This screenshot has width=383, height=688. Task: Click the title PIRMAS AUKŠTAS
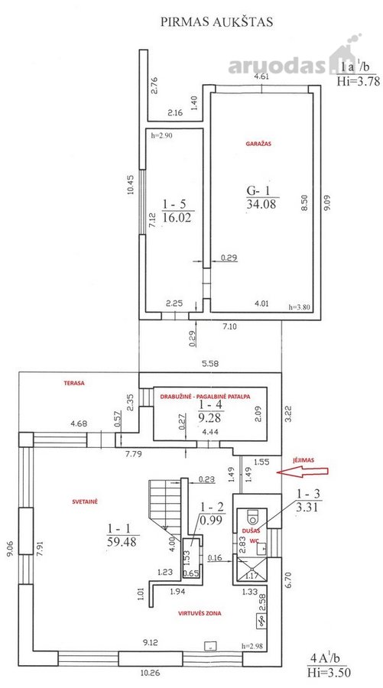(216, 22)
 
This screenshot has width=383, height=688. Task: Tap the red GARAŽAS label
(258, 144)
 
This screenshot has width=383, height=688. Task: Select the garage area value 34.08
(261, 204)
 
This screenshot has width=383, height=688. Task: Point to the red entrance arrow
(302, 472)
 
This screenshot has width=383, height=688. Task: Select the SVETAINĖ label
(85, 501)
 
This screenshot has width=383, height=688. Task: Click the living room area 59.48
(122, 542)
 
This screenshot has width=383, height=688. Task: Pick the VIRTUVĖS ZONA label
(200, 613)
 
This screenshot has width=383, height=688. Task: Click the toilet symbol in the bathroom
(252, 517)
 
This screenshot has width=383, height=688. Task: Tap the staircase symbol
(165, 504)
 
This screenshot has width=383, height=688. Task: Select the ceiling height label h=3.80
(299, 307)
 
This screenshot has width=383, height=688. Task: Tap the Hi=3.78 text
(358, 82)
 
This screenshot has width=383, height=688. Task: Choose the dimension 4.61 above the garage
(263, 76)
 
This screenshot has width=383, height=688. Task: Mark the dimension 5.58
(210, 364)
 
